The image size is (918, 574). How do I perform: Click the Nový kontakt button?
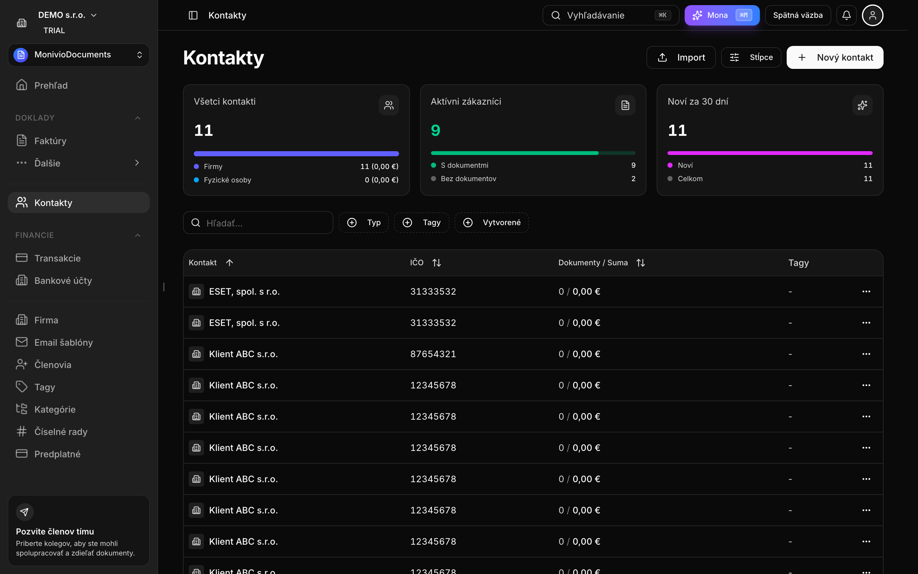(x=834, y=57)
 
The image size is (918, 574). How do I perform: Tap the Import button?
(x=681, y=57)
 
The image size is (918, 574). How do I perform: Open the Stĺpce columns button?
(x=751, y=57)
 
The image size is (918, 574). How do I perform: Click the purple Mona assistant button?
(x=722, y=15)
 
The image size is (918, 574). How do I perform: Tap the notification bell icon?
(x=846, y=15)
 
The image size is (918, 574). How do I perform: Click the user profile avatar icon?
(x=872, y=15)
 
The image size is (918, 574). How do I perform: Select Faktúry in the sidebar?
(x=50, y=141)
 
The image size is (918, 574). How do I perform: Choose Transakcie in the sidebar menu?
(x=57, y=258)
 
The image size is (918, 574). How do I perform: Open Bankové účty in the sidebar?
(x=63, y=281)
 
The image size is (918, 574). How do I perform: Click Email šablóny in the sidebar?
(x=63, y=342)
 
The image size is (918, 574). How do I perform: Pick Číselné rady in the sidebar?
(x=61, y=432)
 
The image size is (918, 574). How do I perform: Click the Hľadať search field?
(x=258, y=223)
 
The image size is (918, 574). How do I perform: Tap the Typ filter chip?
(x=363, y=223)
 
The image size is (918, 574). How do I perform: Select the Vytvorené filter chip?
(x=492, y=223)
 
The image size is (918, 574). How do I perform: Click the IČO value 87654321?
(x=433, y=354)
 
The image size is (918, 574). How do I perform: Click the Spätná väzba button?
(x=798, y=15)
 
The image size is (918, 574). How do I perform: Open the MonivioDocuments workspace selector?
(x=78, y=55)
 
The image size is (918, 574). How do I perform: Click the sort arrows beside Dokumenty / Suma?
(x=641, y=263)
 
